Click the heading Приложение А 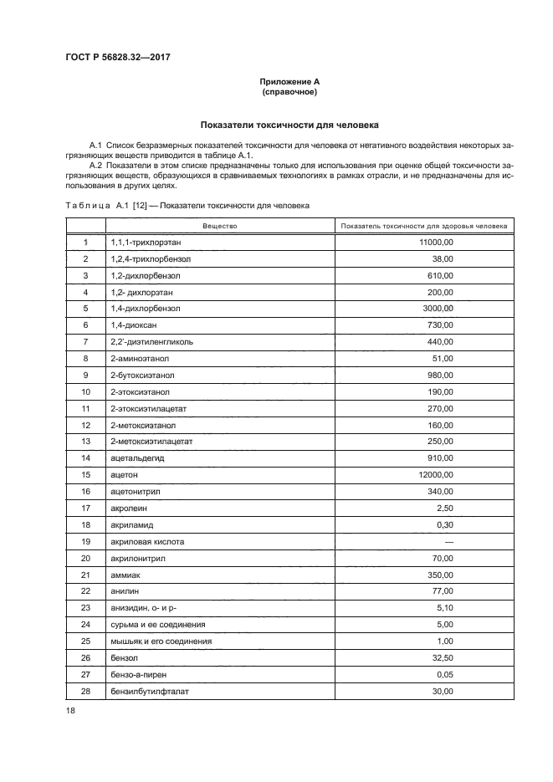[289, 81]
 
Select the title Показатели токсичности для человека [289, 125]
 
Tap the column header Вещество [220, 226]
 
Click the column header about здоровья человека [425, 226]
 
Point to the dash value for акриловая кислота [448, 542]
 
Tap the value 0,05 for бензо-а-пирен [445, 675]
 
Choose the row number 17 [85, 509]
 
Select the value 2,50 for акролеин [445, 509]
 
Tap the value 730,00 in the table [440, 325]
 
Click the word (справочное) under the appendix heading [289, 91]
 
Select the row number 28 [85, 692]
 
